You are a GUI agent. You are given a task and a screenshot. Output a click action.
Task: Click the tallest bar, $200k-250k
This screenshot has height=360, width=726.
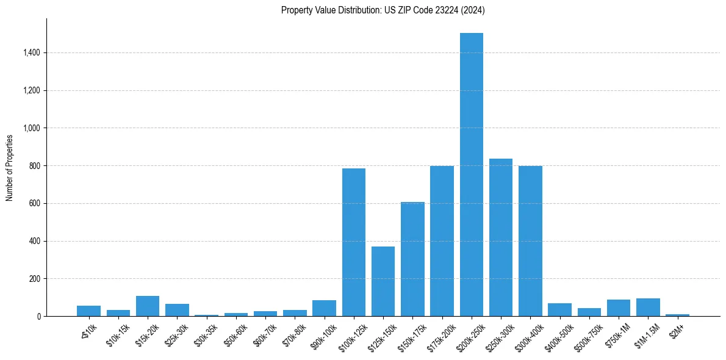coord(471,175)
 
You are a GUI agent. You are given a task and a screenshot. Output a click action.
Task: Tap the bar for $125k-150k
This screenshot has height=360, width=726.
coord(383,281)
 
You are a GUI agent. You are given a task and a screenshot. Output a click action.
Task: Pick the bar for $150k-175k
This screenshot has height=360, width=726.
coord(412,259)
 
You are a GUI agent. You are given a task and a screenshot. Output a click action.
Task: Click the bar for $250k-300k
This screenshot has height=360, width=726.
coord(501,237)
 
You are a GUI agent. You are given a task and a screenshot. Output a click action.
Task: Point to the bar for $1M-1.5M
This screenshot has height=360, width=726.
coord(648,308)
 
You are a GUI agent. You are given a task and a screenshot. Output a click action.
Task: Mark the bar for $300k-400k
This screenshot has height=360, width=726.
coord(530,241)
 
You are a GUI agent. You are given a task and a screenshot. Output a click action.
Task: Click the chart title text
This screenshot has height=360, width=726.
coord(383,10)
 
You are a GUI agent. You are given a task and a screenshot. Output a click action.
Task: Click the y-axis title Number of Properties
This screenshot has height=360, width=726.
coord(10,167)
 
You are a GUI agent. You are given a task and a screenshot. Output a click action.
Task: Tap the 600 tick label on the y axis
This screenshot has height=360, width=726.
coord(34,203)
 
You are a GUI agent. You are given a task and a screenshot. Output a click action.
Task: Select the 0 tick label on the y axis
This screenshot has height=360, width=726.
coord(39,316)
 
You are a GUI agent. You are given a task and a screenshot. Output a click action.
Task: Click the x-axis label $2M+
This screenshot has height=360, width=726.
coord(677,329)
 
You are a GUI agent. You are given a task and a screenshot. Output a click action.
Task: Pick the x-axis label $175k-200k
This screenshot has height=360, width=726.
coord(439,333)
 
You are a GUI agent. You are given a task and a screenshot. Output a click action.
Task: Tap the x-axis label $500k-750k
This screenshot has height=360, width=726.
coord(586,333)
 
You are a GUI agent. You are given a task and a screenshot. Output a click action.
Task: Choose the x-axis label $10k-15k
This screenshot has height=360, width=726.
coord(116,333)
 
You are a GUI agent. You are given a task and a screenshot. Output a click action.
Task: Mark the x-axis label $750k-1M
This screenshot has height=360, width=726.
coord(617,333)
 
